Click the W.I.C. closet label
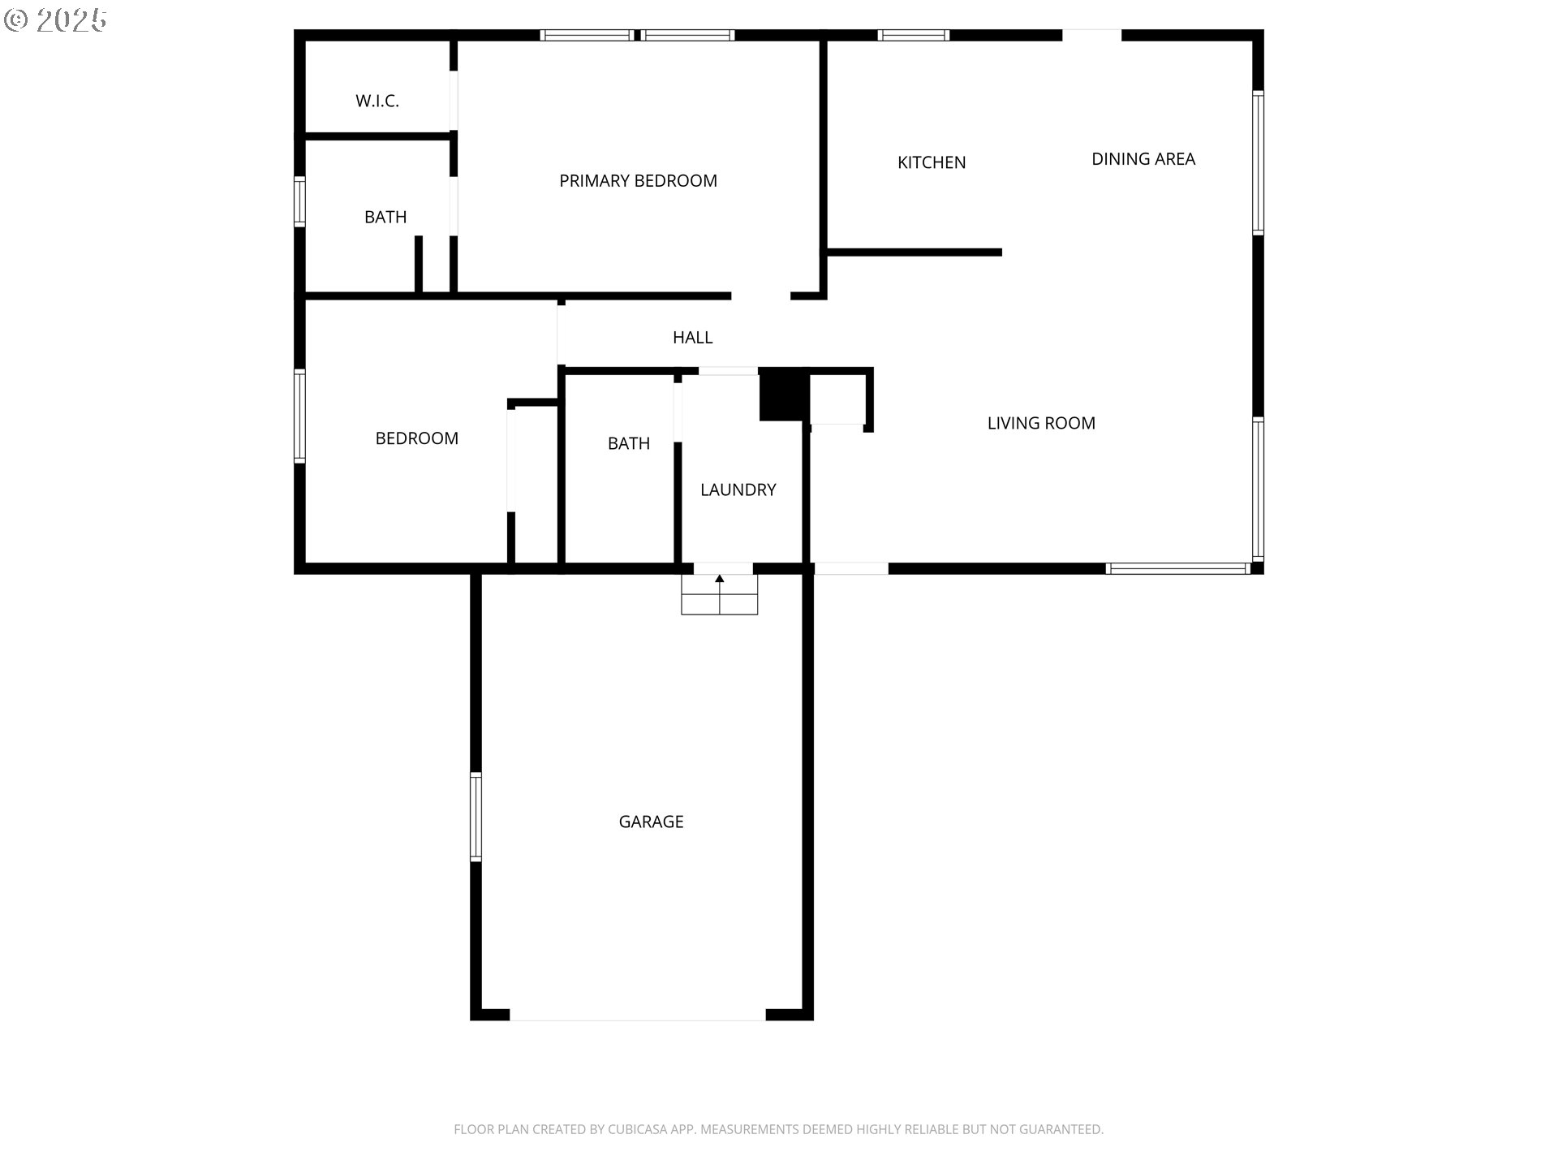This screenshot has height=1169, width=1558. [377, 101]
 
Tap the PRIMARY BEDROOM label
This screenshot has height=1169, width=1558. [638, 181]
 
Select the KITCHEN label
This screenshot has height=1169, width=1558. [932, 162]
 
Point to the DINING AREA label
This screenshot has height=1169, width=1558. [1143, 159]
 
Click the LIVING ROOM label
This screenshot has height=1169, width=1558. [1041, 423]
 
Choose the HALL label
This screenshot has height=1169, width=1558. [692, 338]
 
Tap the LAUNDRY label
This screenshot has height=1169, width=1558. [738, 490]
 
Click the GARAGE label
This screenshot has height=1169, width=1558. [651, 822]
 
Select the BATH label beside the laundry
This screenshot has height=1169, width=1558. [629, 443]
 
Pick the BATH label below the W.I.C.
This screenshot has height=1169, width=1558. [385, 217]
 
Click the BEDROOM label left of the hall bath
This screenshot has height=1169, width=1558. [416, 438]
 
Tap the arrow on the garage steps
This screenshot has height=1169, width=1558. [719, 580]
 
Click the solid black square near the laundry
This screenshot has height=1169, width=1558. [783, 395]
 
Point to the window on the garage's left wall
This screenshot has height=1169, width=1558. [476, 817]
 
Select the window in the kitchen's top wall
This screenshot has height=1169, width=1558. [914, 35]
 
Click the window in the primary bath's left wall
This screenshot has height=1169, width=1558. [299, 201]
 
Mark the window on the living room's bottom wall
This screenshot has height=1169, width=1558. [1177, 568]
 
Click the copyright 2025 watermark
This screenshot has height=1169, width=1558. [55, 20]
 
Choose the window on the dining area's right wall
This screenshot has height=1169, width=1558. [1258, 162]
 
